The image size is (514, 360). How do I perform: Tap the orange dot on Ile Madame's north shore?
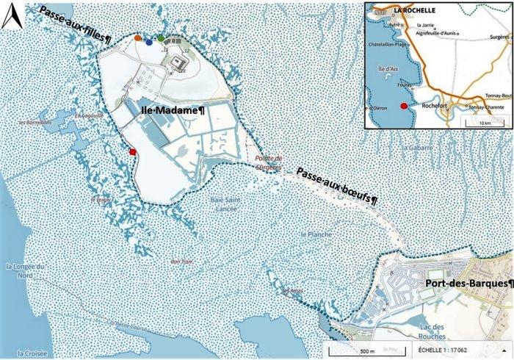(x=138, y=37)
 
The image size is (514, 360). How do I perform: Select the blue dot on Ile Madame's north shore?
(x=150, y=43)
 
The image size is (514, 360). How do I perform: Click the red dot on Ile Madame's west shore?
(x=132, y=151)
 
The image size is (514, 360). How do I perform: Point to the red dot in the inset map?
(x=402, y=107)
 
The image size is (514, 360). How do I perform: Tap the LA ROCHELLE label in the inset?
(x=414, y=11)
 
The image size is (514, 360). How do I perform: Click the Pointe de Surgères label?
(x=264, y=162)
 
